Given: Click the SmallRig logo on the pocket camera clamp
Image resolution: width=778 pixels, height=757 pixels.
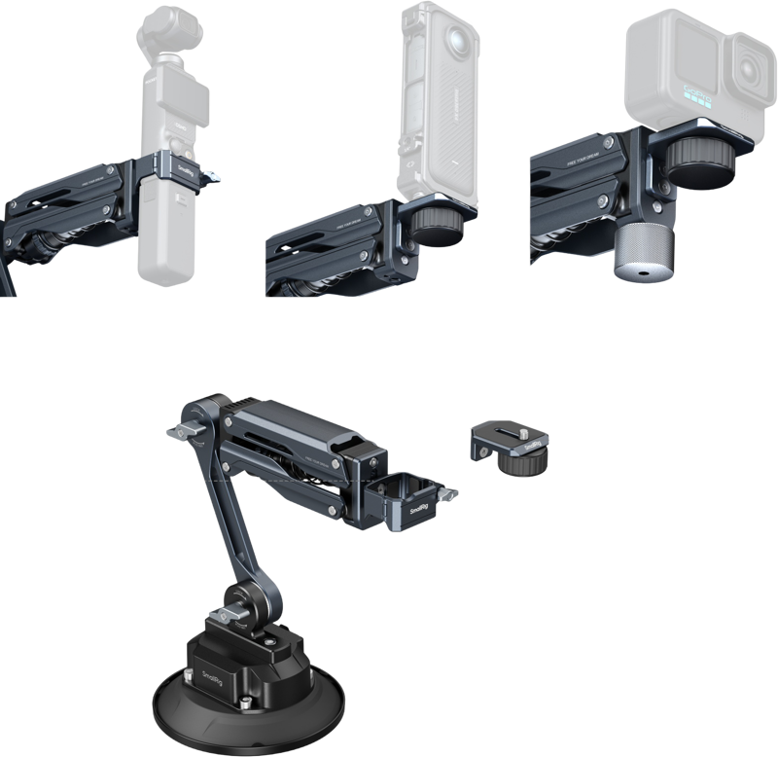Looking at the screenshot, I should coord(187,166).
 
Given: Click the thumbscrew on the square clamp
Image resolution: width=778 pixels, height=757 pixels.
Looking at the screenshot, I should coord(448,500).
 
